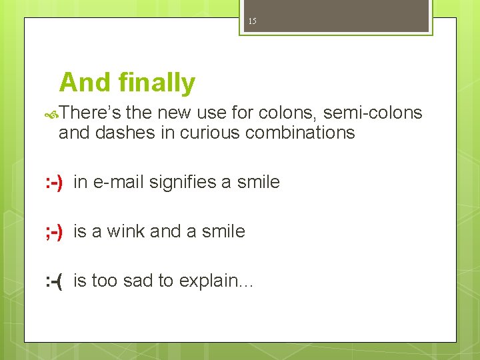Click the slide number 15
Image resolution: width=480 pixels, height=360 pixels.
tap(252, 21)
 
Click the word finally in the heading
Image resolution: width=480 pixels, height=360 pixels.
tap(157, 83)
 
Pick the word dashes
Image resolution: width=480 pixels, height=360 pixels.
tap(126, 133)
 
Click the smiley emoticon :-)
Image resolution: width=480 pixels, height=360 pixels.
tap(54, 183)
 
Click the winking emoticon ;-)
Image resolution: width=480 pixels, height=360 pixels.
tap(54, 232)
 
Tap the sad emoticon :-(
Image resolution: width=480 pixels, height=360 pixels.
tap(54, 281)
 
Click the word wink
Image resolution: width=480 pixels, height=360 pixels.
tap(125, 231)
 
